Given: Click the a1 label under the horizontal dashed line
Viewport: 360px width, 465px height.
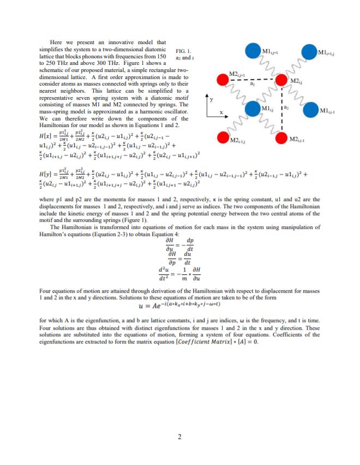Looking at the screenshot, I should click(x=252, y=84).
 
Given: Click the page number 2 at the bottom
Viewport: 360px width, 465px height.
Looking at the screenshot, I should click(x=179, y=436).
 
